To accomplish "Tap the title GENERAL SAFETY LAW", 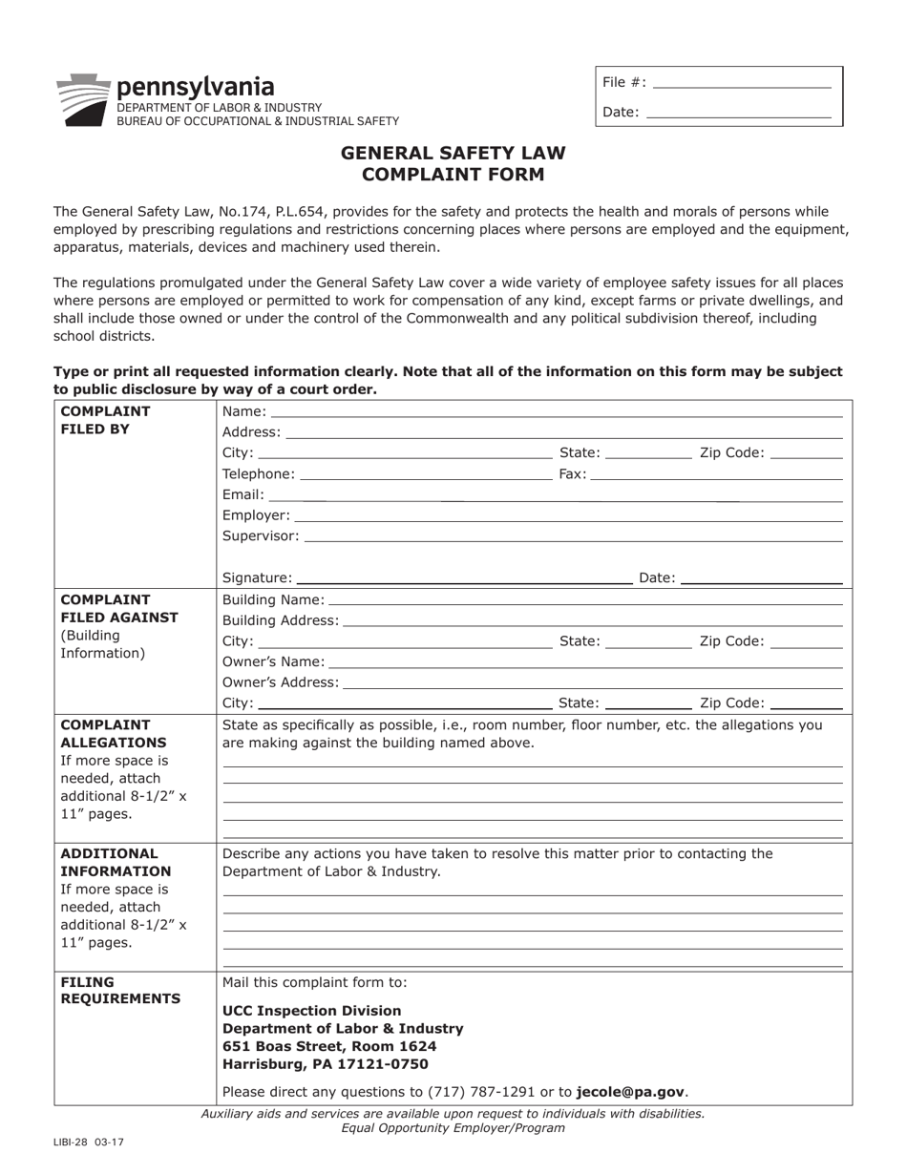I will tap(453, 153).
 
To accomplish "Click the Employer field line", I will tap(569, 514).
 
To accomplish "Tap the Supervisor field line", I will tap(573, 535).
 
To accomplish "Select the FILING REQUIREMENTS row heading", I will tap(120, 990).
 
